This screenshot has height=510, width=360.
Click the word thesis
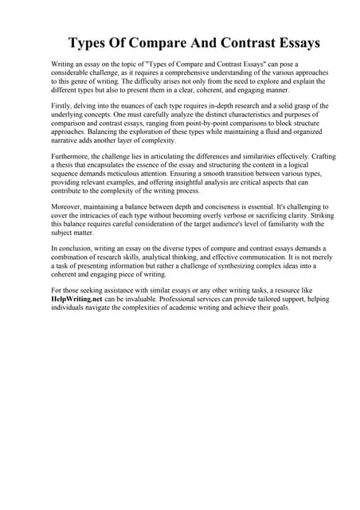point(64,167)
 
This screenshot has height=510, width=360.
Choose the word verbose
point(237,216)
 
